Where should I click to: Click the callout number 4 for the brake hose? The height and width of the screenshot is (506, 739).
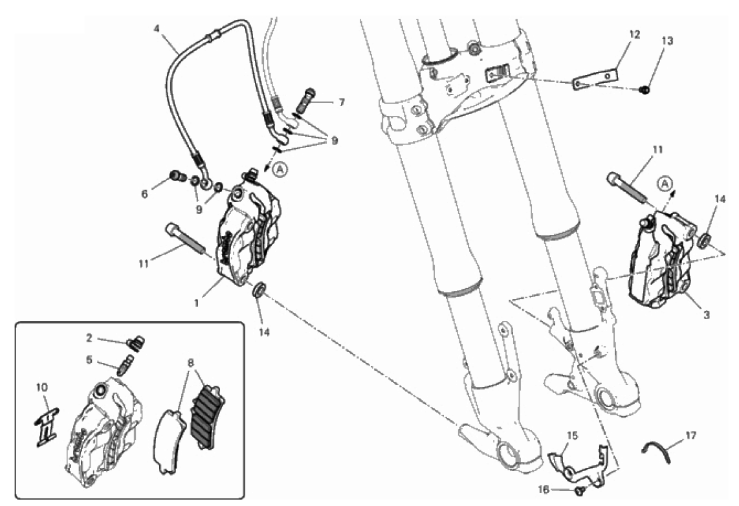pyautogui.click(x=157, y=28)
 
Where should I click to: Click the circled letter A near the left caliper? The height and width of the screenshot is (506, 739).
pyautogui.click(x=280, y=169)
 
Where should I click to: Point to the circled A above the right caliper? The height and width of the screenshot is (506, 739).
pyautogui.click(x=665, y=183)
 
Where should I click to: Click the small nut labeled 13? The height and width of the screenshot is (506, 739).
pyautogui.click(x=646, y=89)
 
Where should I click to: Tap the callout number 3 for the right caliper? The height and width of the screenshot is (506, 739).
pyautogui.click(x=706, y=315)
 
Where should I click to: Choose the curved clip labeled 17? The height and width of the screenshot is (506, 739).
pyautogui.click(x=656, y=449)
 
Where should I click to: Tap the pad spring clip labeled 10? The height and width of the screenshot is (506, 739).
pyautogui.click(x=46, y=425)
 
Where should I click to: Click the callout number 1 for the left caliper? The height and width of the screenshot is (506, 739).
pyautogui.click(x=197, y=303)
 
